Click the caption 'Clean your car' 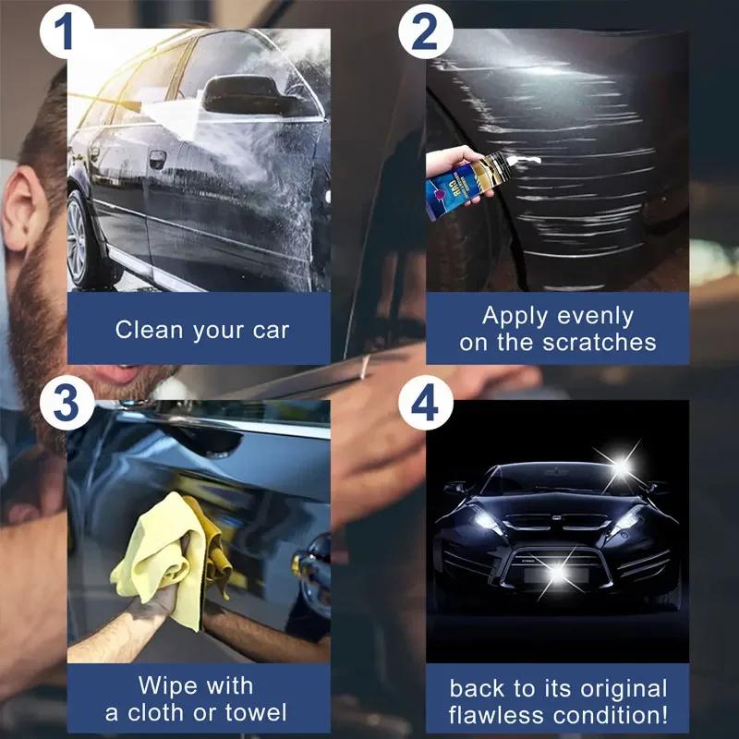(x=201, y=330)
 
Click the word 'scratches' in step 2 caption (x=598, y=342)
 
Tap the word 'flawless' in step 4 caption (x=496, y=715)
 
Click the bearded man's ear (x=23, y=212)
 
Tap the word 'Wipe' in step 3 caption (x=167, y=686)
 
